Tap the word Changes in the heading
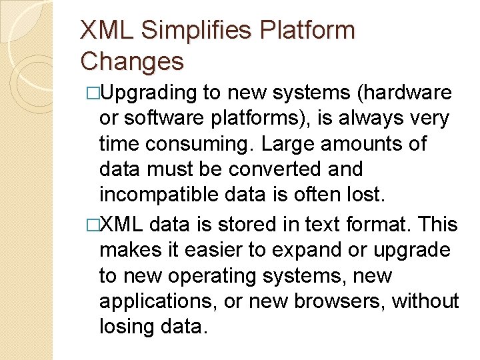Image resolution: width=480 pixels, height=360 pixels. (131, 61)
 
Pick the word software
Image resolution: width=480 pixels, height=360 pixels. (155, 119)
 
